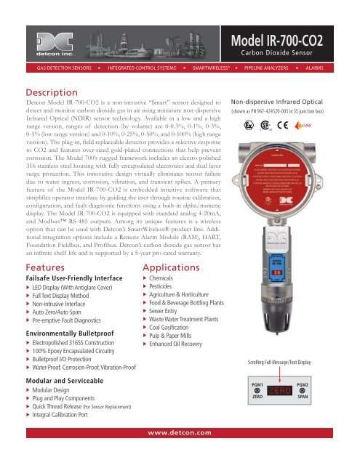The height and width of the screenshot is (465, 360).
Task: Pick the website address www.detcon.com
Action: point(180,453)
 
